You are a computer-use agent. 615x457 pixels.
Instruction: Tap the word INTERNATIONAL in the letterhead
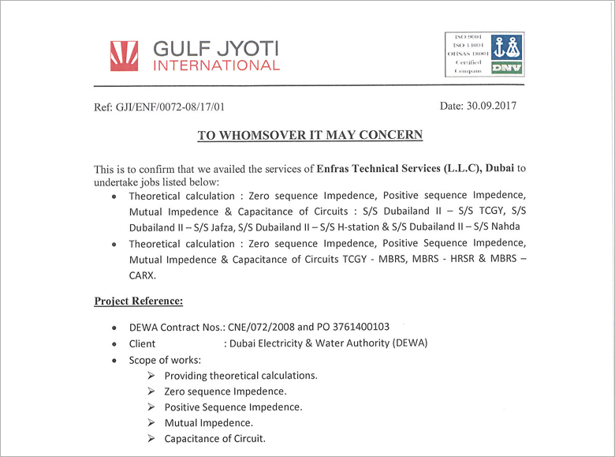pos(216,66)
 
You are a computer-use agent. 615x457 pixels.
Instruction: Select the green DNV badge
pos(505,68)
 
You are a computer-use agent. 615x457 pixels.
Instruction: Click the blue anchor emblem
pos(505,47)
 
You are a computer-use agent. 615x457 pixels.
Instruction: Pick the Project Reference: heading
pos(139,301)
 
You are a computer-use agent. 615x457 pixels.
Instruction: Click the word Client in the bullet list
pos(142,343)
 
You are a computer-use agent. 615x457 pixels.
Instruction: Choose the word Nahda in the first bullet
pos(510,227)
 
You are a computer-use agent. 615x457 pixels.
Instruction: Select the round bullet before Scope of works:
pos(116,360)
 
